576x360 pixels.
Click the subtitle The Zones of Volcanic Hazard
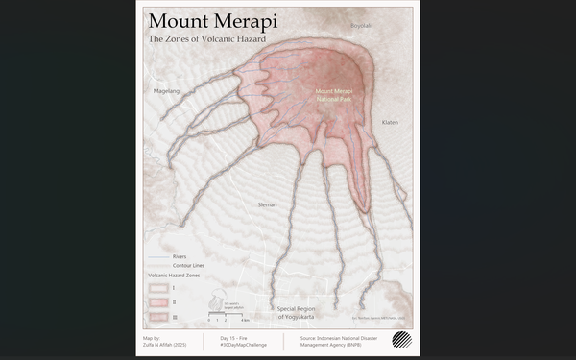[206, 40]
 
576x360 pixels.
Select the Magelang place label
[166, 91]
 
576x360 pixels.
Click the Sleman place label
[267, 204]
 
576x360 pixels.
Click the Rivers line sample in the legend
[158, 257]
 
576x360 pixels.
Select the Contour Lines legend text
[188, 265]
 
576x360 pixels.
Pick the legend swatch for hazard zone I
[158, 287]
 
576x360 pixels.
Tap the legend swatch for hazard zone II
[158, 301]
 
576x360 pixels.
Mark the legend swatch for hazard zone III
[158, 316]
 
